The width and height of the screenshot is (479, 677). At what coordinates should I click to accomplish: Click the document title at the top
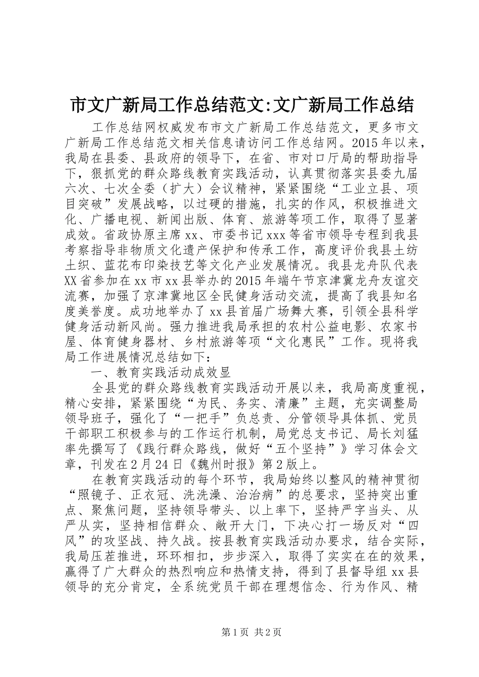[x=239, y=105]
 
